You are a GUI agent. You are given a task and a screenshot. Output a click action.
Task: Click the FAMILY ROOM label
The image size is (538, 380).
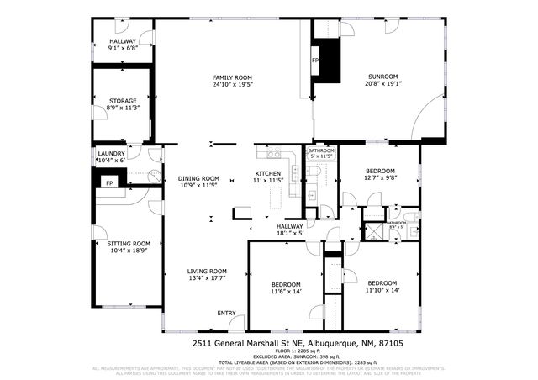[x=233, y=77]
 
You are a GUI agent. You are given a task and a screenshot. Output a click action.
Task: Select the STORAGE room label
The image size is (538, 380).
[x=122, y=101]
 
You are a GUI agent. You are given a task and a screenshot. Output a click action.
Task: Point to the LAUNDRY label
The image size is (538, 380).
[x=111, y=153]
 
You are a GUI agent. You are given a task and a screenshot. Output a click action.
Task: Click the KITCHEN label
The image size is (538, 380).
[x=267, y=174]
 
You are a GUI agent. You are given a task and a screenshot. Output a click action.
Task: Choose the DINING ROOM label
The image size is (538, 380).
[x=198, y=178]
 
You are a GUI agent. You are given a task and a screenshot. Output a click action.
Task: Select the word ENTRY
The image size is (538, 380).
[x=226, y=313]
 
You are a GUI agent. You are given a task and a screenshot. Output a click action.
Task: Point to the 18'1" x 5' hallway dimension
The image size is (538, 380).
[x=290, y=234]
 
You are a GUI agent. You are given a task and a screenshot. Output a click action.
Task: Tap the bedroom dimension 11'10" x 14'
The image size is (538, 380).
[x=382, y=290]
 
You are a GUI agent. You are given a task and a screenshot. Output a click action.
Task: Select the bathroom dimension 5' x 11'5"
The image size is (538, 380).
[x=321, y=156]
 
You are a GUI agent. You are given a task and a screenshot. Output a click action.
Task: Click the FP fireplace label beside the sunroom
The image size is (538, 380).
[x=315, y=61]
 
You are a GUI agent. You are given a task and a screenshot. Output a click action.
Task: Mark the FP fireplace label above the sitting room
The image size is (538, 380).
[x=108, y=182]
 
